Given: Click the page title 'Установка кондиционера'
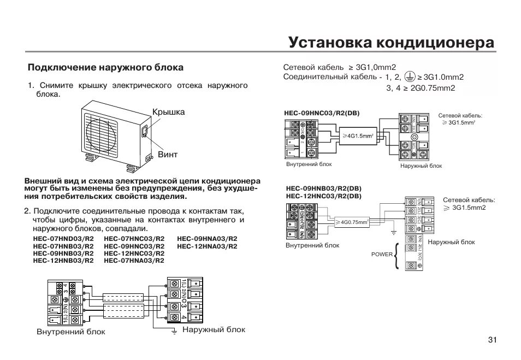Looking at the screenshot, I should [391, 42].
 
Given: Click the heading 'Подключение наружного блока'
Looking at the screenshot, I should [105, 68].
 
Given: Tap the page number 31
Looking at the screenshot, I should [492, 340].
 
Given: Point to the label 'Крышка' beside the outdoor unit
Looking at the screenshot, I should [169, 112].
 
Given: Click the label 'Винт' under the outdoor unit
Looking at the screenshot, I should [168, 154].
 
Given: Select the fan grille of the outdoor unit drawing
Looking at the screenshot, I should [101, 132].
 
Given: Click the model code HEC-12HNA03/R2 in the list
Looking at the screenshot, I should [208, 246].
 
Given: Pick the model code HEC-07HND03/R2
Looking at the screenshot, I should [63, 239].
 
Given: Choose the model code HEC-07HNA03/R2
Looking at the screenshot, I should [134, 261].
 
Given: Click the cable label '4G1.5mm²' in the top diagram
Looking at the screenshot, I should [358, 135].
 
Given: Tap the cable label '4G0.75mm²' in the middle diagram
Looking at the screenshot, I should [354, 222].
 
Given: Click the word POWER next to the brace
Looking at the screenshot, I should [382, 255].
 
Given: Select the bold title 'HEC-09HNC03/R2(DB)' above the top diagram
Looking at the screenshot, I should [322, 114].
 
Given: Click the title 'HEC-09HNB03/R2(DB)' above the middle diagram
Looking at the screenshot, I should [323, 188].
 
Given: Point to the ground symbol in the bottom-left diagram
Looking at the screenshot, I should [174, 332].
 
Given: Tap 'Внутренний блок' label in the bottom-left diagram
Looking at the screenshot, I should [71, 332].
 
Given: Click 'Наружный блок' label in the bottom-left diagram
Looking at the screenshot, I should [214, 330].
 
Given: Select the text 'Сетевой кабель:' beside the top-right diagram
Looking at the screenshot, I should [460, 116].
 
